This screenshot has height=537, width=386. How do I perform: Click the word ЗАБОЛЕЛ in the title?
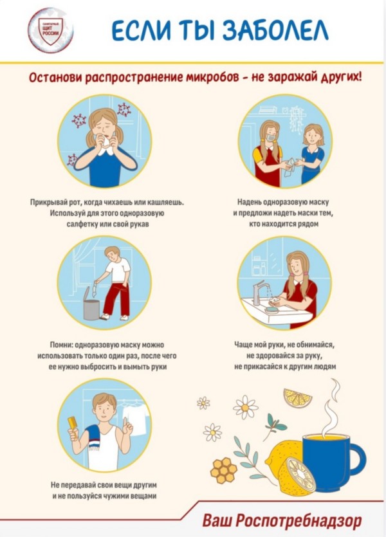[x=275, y=30]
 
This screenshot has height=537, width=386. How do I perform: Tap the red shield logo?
[x=50, y=31]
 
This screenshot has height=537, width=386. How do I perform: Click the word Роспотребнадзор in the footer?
[x=299, y=520]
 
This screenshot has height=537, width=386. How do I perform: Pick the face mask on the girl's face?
[x=271, y=138]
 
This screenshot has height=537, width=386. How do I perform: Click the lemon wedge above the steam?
[x=297, y=397]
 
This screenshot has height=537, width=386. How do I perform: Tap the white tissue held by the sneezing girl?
[x=106, y=143]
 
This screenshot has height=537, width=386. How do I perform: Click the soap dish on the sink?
[x=272, y=309]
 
